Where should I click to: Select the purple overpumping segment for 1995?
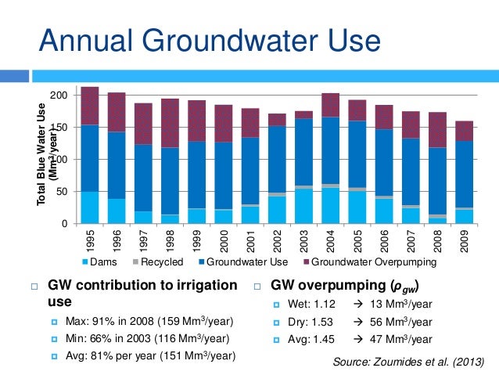(x=90, y=106)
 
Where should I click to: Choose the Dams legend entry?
(x=105, y=262)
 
